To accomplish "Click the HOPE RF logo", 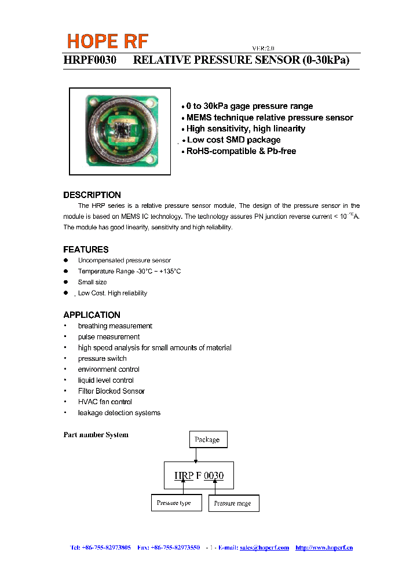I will [x=108, y=41].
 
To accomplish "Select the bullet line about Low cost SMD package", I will [x=233, y=140].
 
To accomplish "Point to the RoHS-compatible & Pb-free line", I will [x=241, y=151].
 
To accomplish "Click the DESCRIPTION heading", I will [x=92, y=195].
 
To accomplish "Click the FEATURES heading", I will [x=86, y=250].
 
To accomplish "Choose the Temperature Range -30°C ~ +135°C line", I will [x=129, y=272].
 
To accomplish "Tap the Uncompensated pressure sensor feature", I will [x=124, y=261].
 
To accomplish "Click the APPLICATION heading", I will [x=92, y=315].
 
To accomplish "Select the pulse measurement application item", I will [x=109, y=337].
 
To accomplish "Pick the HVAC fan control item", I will [x=105, y=402].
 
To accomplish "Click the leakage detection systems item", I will [x=119, y=413].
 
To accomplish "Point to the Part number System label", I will [x=96, y=435].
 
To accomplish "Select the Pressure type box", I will [x=176, y=503].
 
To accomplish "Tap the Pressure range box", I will [x=233, y=503].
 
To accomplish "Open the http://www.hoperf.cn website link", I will [x=324, y=548].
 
